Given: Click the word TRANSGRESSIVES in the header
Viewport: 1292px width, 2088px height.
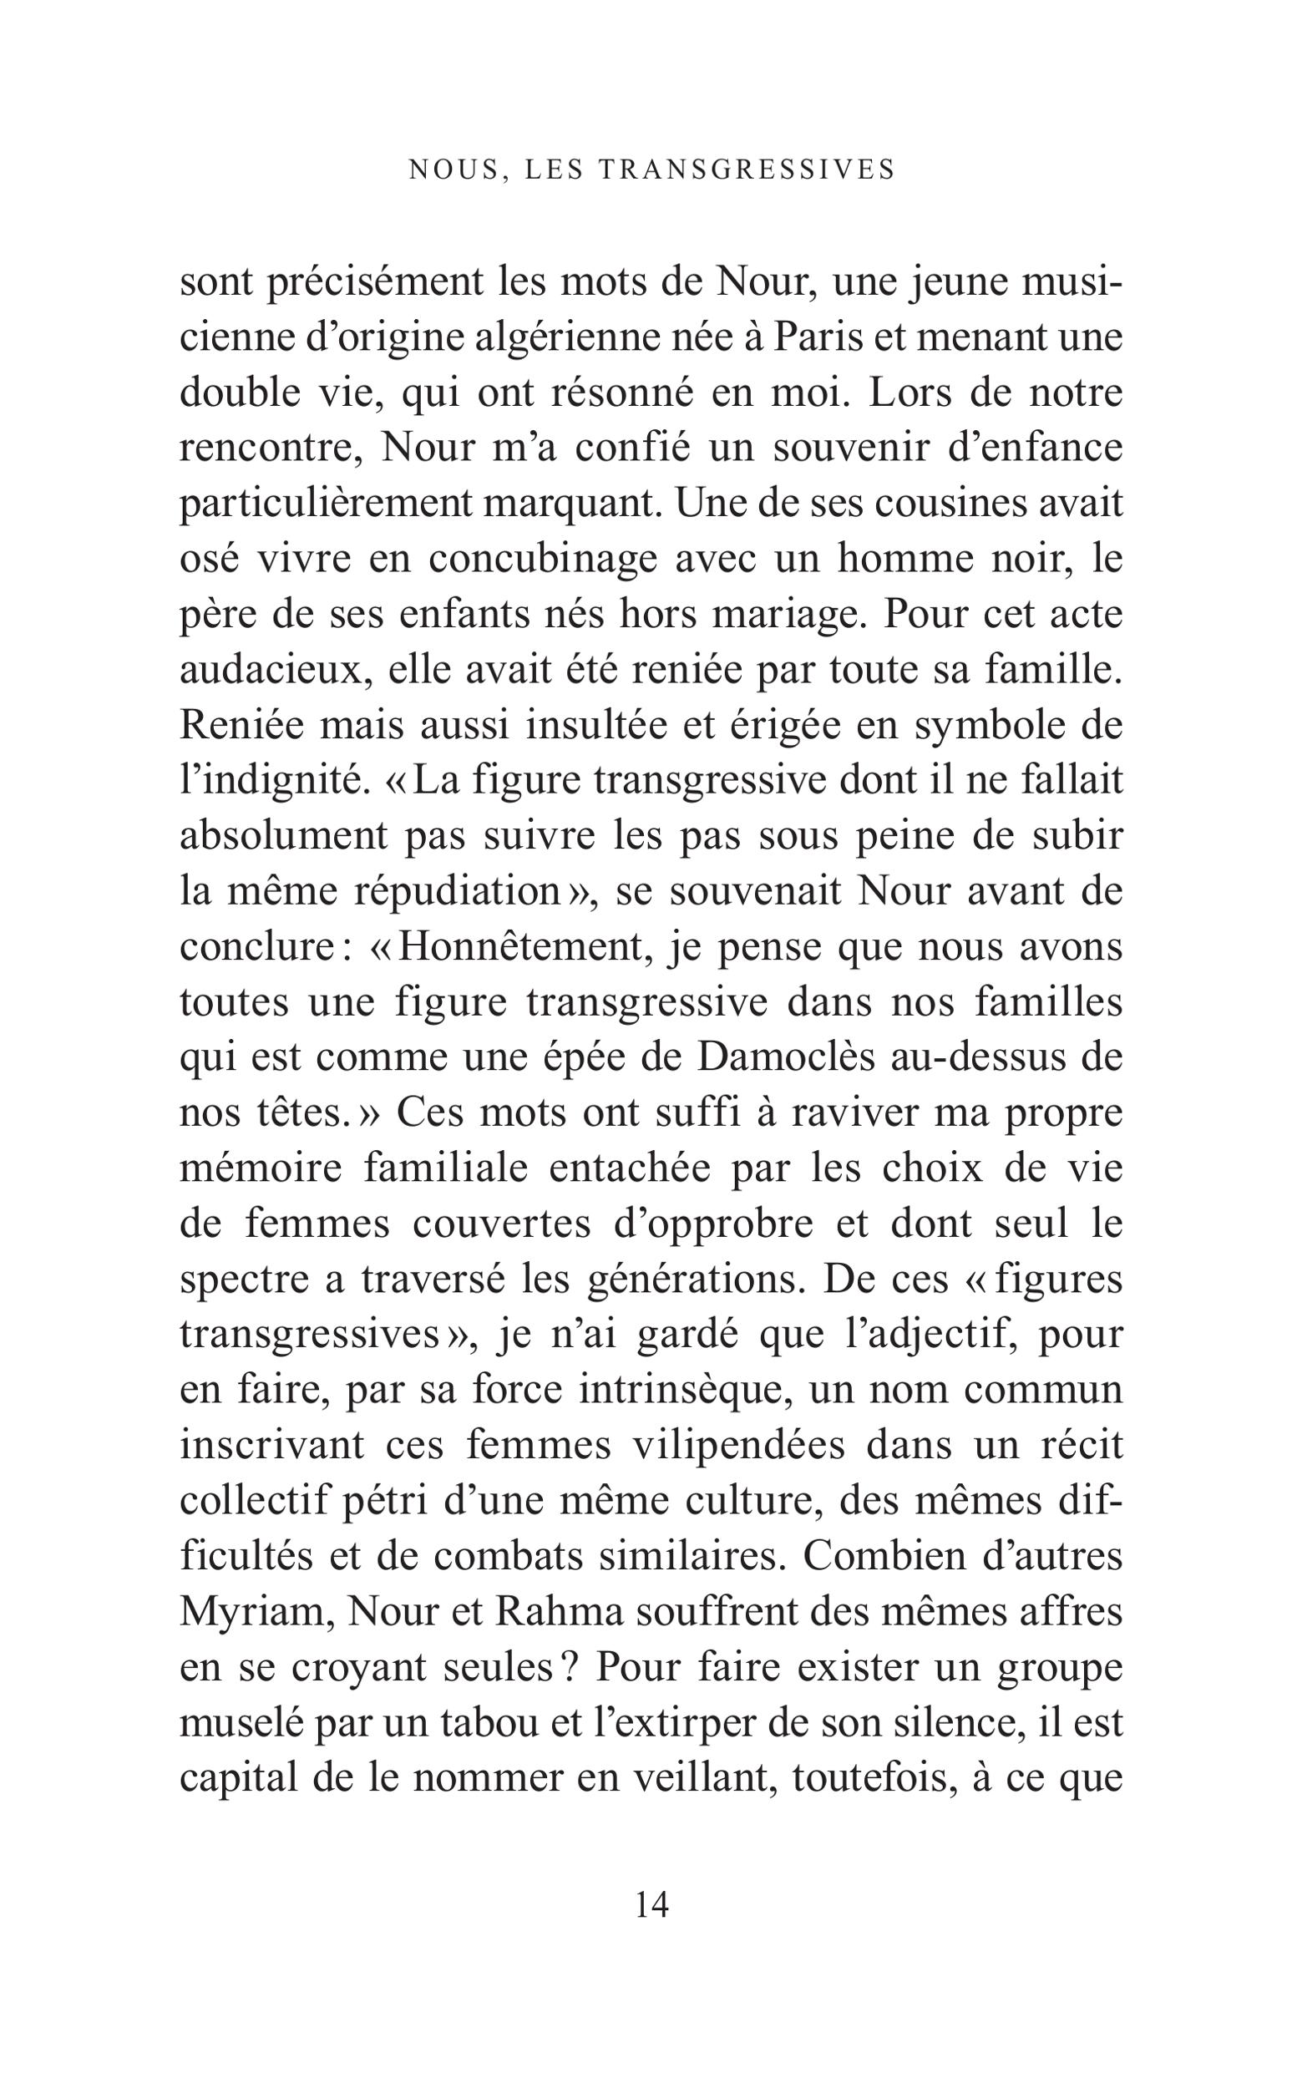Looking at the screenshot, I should pyautogui.click(x=747, y=170).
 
